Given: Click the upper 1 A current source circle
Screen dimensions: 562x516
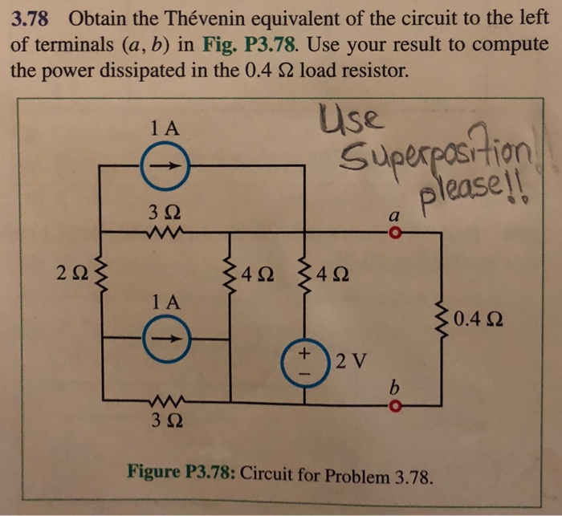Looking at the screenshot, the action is pos(165,167).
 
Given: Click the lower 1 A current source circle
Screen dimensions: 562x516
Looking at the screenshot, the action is pos(165,338).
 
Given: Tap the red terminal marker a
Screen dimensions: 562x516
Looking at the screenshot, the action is pos(393,234).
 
